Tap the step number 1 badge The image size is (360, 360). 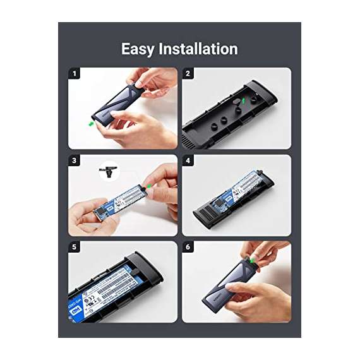74,74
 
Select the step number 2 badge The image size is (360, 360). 188,74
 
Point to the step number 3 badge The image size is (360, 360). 74,161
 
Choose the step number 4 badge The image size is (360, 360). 188,161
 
